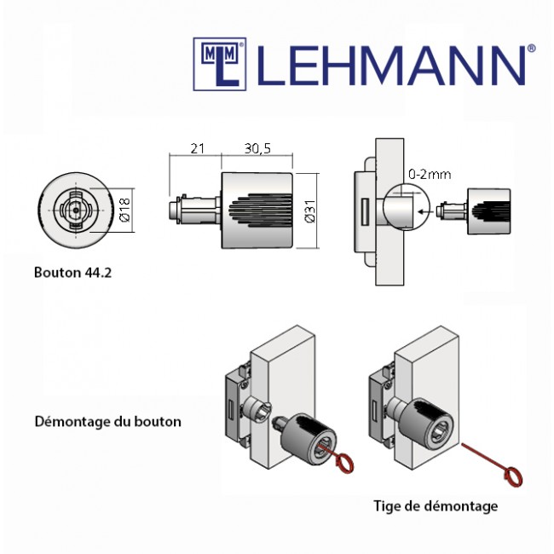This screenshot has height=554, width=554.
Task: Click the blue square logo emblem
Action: click(x=219, y=62)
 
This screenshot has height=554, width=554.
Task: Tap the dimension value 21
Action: click(x=197, y=148)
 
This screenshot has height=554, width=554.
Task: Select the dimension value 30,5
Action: click(x=257, y=148)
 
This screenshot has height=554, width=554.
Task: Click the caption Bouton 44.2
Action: click(x=73, y=274)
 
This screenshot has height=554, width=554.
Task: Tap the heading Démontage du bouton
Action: click(x=108, y=421)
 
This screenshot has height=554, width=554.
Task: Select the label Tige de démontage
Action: click(x=436, y=506)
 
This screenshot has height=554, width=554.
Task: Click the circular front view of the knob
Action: click(x=74, y=210)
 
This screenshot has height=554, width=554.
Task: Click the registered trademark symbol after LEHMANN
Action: click(x=532, y=49)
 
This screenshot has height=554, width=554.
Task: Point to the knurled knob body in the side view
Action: click(x=257, y=211)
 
